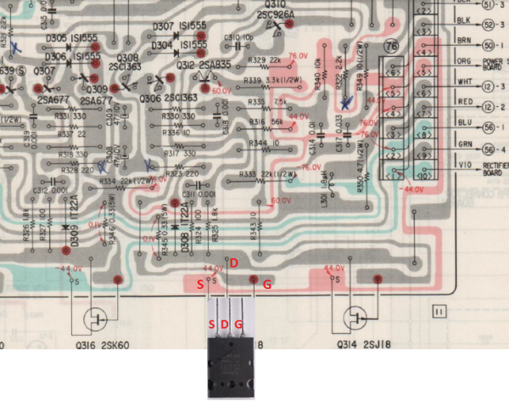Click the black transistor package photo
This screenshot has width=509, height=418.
click(231, 366)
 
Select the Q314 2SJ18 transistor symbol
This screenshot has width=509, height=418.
click(356, 319)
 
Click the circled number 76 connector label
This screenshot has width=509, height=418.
click(391, 47)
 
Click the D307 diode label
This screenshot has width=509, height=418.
click(164, 26)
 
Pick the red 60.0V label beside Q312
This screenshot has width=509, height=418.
click(221, 90)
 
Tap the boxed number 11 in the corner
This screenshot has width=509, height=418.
click(439, 312)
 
